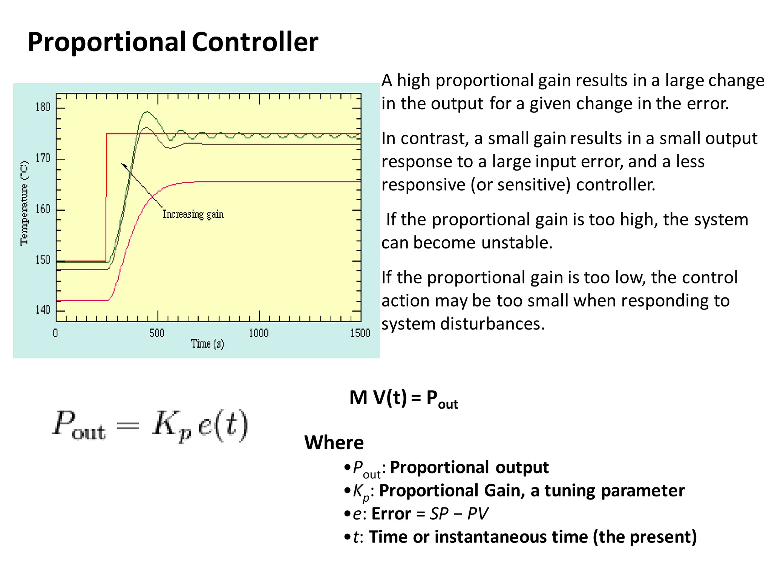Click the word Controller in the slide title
pos(255,41)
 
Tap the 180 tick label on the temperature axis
pos(43,107)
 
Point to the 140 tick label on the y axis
pos(43,310)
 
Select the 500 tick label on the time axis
pos(157,333)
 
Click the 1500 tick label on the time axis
pos(360,333)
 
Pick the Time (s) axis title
pos(207,344)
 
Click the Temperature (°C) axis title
pos(24,203)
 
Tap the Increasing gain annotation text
pos(193,214)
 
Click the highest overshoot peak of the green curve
pos(146,112)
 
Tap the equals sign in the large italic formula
pos(128,426)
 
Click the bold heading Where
pos(334,443)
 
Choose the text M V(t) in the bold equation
pos(378,397)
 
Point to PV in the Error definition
pos(478,514)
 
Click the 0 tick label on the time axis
pos(55,333)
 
